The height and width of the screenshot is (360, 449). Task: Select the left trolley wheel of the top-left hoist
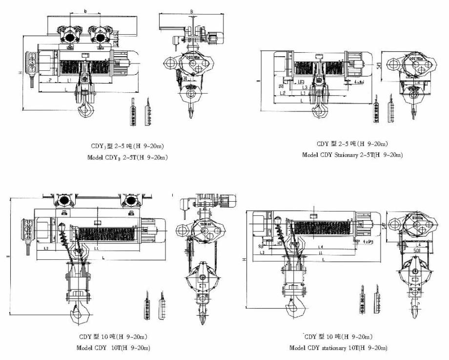[x=69, y=36]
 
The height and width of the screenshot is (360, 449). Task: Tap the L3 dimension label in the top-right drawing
[x=303, y=87]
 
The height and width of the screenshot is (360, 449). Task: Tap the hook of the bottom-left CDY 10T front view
[x=78, y=315]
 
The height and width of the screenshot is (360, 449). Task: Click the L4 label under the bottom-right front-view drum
[x=320, y=247]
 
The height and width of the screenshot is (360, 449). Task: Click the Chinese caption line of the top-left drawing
[x=128, y=146]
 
